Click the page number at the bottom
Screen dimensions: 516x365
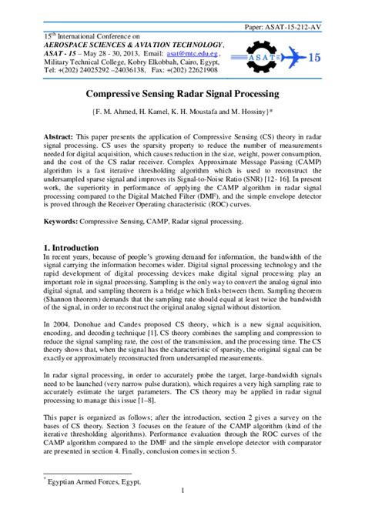coord(182,491)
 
